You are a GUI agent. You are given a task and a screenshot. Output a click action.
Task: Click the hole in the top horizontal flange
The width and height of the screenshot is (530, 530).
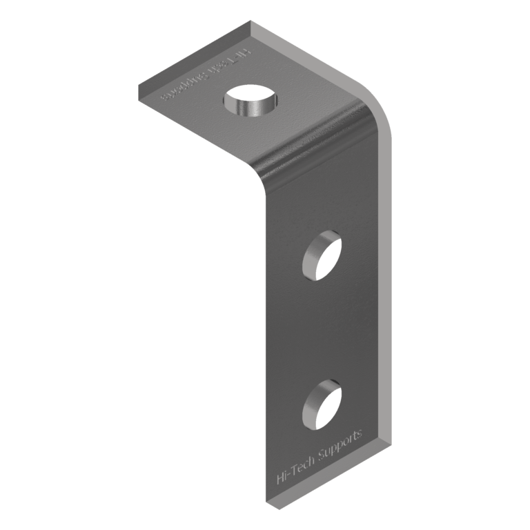click(x=252, y=100)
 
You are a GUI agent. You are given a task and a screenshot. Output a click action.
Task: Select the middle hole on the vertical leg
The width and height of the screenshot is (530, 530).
click(x=322, y=255)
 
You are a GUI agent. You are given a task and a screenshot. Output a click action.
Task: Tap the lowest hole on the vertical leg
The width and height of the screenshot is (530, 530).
click(x=322, y=404)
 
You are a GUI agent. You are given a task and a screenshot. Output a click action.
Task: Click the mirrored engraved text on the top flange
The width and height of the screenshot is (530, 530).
click(x=206, y=74)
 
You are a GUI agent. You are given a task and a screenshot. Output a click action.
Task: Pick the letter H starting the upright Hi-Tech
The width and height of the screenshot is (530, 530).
click(x=279, y=478)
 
